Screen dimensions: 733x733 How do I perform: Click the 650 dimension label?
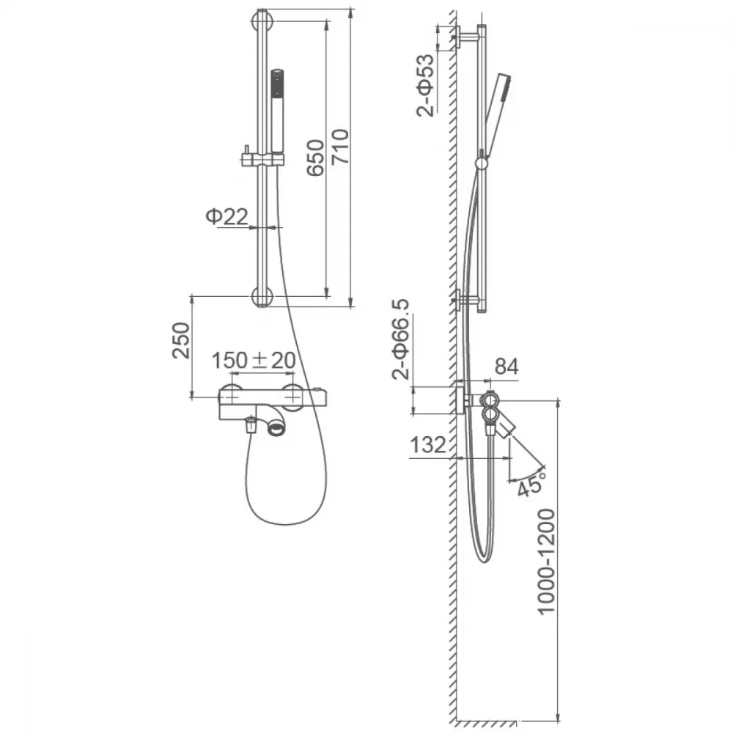tap(315, 158)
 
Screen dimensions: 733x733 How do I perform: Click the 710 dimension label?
tap(340, 147)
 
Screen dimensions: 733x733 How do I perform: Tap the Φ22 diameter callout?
tap(226, 216)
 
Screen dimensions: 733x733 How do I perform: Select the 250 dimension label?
tap(181, 340)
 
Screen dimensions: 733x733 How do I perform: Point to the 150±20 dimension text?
tap(254, 361)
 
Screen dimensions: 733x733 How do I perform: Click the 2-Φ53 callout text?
tap(425, 86)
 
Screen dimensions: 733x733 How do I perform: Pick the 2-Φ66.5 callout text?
tap(401, 339)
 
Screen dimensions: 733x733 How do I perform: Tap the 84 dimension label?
tap(507, 366)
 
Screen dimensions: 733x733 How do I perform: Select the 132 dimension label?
tap(428, 445)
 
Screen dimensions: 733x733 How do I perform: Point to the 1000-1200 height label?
tap(545, 561)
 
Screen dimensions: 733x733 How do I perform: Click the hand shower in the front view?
tap(278, 111)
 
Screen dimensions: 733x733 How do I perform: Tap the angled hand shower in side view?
tap(497, 113)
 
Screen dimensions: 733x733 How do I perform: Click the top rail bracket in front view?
tap(262, 21)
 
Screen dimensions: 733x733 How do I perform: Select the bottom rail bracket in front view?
tap(262, 297)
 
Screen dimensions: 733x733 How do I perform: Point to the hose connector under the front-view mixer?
tap(251, 425)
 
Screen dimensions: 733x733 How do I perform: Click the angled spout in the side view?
tap(505, 428)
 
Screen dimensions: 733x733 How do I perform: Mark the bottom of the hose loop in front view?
tap(284, 525)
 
